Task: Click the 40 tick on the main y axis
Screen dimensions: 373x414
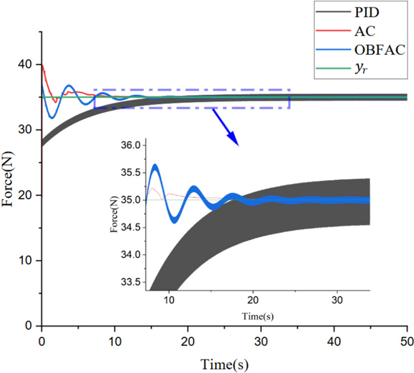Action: click(x=29, y=64)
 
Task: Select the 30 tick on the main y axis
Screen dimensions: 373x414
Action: click(x=29, y=130)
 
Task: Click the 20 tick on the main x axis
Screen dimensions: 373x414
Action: click(x=187, y=341)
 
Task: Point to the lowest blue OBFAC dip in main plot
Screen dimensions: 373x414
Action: click(x=52, y=117)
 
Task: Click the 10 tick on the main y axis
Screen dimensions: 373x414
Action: click(x=29, y=260)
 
